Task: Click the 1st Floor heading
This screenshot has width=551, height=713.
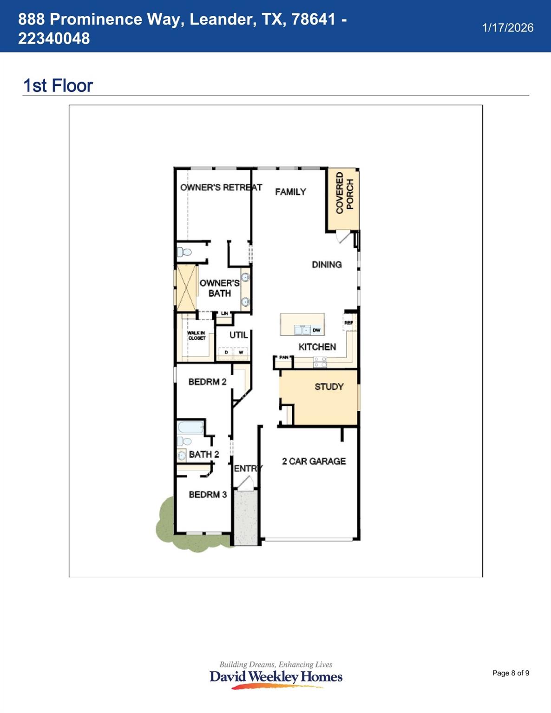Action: (58, 86)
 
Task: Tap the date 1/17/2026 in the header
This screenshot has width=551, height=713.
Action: (507, 28)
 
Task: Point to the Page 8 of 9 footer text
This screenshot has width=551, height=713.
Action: (511, 673)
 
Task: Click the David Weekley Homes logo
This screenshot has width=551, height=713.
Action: (276, 676)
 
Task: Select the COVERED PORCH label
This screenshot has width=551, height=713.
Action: (344, 193)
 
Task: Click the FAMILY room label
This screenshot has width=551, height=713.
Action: (290, 192)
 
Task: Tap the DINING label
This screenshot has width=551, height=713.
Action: (327, 265)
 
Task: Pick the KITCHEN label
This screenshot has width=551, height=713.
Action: (317, 347)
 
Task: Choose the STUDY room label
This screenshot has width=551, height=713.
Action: (329, 387)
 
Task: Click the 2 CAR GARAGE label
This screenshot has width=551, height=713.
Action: (314, 461)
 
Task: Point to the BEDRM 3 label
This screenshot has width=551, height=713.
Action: (208, 494)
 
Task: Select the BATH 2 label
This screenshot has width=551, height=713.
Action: (203, 454)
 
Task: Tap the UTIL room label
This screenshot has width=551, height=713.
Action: (238, 335)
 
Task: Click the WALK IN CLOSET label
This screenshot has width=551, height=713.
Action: (197, 335)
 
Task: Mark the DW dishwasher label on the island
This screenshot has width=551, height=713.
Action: (316, 330)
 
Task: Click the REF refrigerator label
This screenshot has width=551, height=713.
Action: (348, 322)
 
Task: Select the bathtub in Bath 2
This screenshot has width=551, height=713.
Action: (190, 427)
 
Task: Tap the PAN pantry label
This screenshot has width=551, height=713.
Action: (284, 357)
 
